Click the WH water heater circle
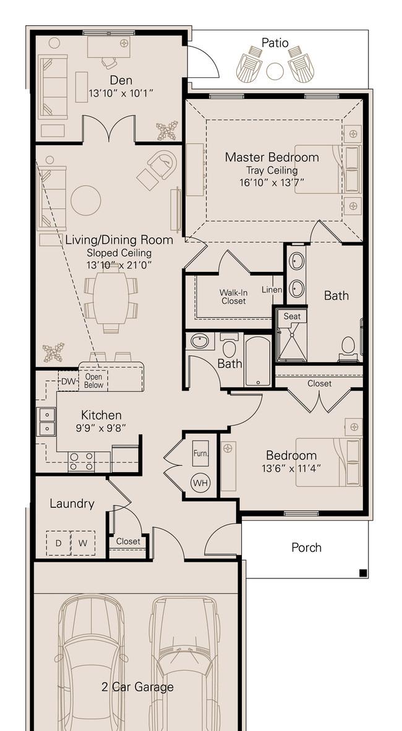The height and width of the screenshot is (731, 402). click(201, 483)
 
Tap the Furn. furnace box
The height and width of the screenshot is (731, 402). click(201, 453)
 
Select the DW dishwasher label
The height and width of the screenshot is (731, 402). click(68, 381)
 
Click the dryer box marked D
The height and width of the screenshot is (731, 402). click(58, 543)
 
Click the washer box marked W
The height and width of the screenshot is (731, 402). click(83, 543)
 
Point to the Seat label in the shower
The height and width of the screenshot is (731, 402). click(292, 316)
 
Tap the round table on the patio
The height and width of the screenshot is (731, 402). click(275, 71)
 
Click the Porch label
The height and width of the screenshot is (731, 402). click(306, 547)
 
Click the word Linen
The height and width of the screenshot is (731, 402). click(272, 290)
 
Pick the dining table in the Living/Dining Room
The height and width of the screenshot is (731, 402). click(111, 298)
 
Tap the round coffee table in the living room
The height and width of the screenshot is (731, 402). click(86, 200)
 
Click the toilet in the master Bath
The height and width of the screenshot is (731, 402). click(348, 349)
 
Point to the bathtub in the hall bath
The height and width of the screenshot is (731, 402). click(258, 361)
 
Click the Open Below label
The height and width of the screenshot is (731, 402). click(94, 381)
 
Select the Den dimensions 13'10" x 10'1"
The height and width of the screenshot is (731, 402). click(121, 94)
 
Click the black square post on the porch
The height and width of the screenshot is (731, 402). click(363, 573)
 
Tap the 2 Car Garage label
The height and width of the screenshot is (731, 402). click(137, 687)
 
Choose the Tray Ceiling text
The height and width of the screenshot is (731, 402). click(272, 170)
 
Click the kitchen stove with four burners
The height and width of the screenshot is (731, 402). click(82, 461)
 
